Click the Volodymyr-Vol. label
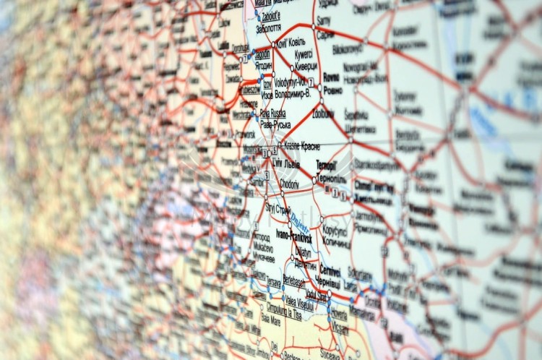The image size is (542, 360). [292, 82]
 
